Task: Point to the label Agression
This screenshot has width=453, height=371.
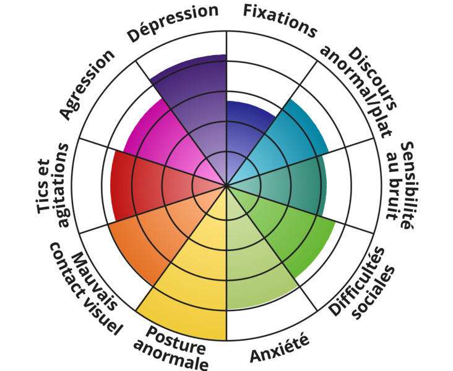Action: pos(87,84)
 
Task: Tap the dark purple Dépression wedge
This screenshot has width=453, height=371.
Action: pos(198,105)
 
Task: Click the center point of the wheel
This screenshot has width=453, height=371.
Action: pos(227,185)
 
